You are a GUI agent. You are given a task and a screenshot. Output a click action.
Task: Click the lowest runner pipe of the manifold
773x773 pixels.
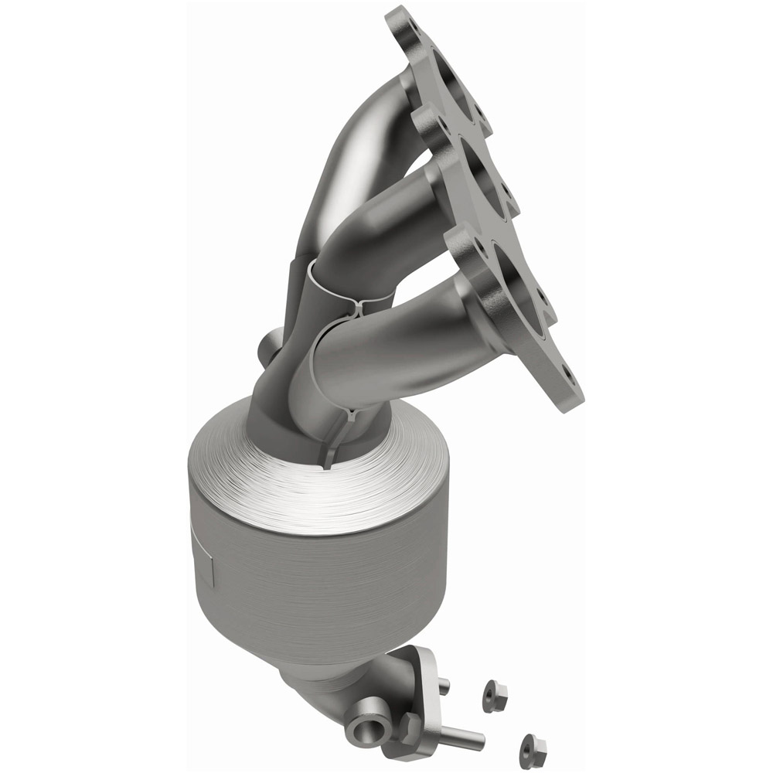[386, 348]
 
